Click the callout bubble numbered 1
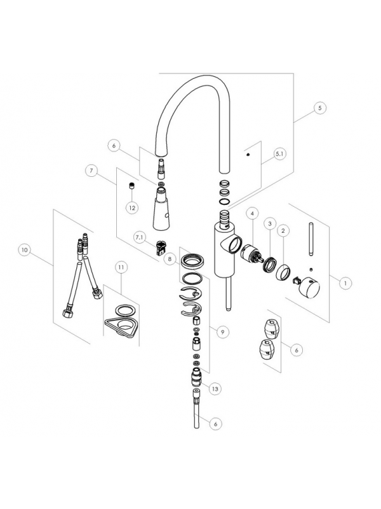pos(345,281)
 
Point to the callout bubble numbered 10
pos(25,251)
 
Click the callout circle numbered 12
pos(132,207)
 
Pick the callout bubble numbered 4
pos(252,212)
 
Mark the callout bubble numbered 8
pos(170,259)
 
